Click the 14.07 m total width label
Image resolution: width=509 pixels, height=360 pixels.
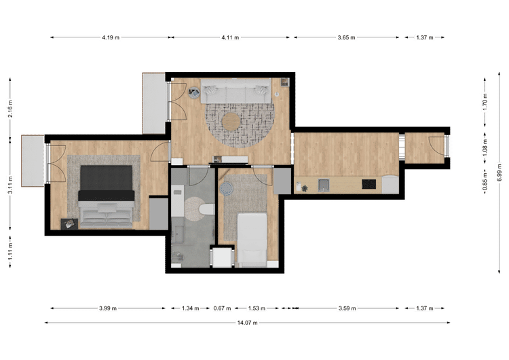247,323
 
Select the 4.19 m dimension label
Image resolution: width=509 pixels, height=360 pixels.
111,37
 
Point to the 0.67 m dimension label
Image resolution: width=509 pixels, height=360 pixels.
222,308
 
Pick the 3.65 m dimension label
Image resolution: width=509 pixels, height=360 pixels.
346,37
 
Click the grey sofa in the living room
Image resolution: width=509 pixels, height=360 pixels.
236,90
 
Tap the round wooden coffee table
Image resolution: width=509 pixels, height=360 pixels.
231,122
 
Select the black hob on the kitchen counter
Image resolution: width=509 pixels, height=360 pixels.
369,184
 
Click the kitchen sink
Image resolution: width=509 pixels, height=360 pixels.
323,185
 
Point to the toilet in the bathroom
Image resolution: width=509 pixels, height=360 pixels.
207,210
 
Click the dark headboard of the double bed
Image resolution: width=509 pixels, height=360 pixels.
106,178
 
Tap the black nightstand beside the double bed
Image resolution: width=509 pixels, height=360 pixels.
69,224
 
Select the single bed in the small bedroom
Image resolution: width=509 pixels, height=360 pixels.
252,240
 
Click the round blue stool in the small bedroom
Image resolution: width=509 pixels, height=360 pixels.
226,188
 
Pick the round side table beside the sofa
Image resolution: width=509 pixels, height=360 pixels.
194,92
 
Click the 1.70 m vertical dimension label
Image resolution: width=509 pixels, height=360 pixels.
485,102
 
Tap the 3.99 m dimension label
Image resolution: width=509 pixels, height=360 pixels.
108,308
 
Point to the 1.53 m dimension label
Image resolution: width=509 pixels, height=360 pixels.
257,308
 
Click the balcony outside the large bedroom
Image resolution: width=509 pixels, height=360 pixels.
33,161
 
